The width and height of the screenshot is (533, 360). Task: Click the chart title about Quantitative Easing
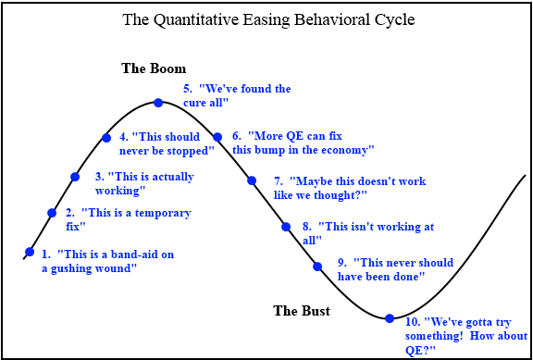(269, 19)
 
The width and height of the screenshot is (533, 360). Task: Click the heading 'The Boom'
(154, 68)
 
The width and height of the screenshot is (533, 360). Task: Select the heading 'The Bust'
(302, 311)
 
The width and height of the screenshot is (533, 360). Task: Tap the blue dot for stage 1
(30, 252)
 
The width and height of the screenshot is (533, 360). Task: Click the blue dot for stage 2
(52, 213)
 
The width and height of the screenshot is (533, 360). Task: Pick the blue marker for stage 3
(75, 176)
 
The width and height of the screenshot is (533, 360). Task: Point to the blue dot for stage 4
(106, 138)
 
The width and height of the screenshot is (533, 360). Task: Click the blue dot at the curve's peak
(159, 103)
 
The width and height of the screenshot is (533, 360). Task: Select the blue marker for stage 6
(218, 137)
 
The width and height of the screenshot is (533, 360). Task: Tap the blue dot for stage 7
(252, 180)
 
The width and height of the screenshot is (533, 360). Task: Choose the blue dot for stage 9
(317, 267)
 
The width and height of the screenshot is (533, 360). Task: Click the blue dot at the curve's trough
(390, 318)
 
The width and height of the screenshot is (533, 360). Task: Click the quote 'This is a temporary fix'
(128, 218)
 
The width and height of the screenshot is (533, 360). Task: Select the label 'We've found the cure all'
(237, 95)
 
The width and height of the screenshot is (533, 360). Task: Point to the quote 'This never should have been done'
(395, 269)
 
